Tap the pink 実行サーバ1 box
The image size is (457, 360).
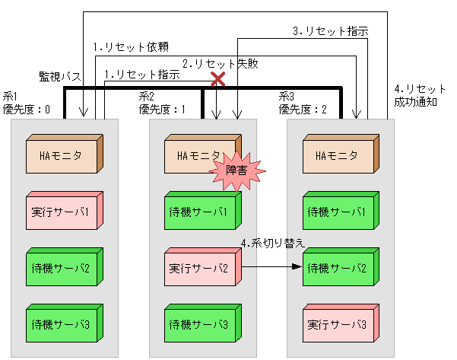(x=63, y=212)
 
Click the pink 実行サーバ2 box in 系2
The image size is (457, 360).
(x=202, y=268)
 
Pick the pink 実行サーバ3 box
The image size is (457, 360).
(x=340, y=324)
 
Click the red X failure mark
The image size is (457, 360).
(x=218, y=78)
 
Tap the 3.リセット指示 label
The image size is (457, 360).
(x=331, y=32)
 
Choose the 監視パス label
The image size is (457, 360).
(x=60, y=77)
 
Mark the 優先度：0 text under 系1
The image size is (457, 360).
(x=27, y=109)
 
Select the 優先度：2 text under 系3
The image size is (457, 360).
(x=303, y=109)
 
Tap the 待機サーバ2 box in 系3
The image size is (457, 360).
(x=340, y=268)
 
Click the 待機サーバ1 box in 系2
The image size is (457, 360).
(x=202, y=212)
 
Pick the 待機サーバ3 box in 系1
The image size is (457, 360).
(x=63, y=324)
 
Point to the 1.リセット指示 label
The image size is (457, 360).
(x=142, y=75)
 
